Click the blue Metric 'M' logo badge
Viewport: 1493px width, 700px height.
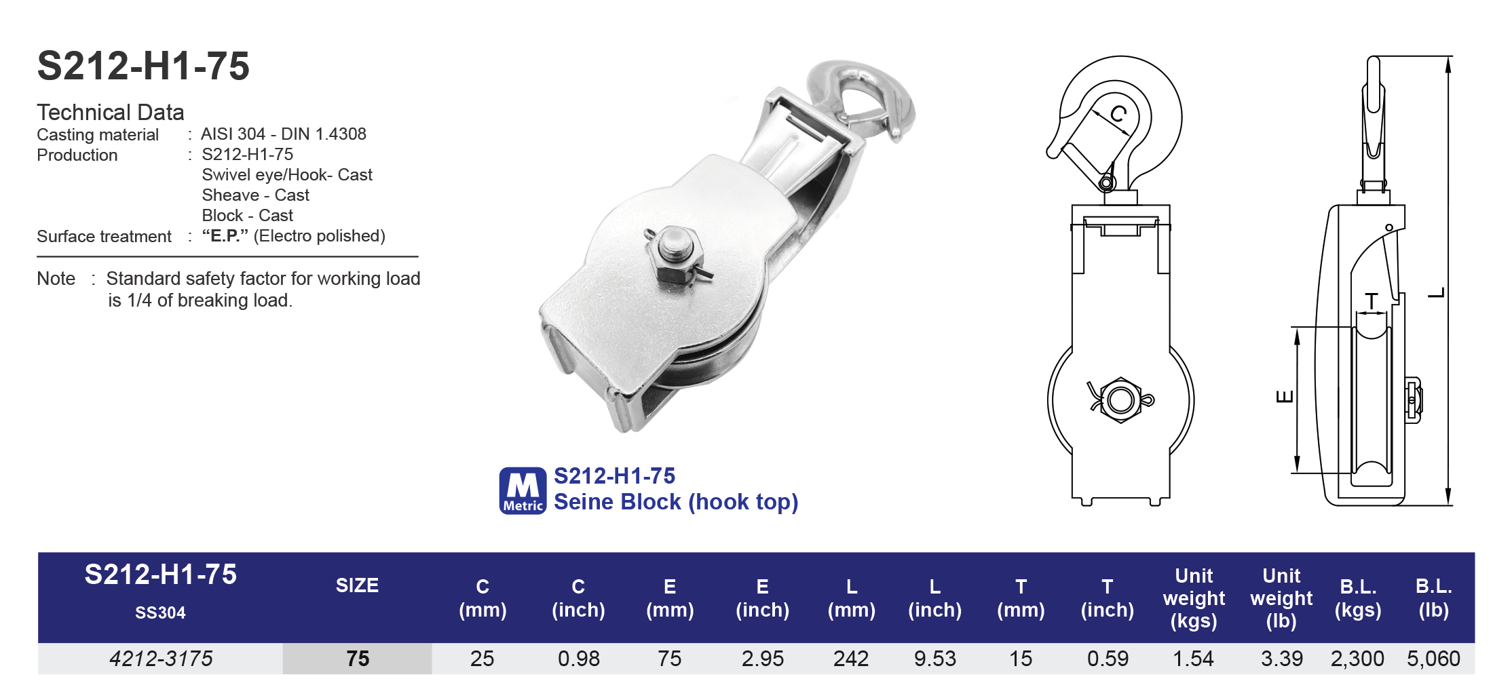(x=523, y=490)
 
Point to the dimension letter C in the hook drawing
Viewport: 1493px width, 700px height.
(x=1118, y=113)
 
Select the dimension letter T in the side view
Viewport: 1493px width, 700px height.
(x=1372, y=300)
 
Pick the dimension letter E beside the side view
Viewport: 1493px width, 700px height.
(x=1284, y=397)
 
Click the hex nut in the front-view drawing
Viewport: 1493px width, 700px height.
(x=1120, y=400)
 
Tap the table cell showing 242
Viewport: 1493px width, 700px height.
(x=851, y=658)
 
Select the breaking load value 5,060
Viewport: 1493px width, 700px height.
(x=1433, y=658)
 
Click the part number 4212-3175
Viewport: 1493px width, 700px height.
(x=161, y=658)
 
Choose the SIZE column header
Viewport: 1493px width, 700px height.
(x=357, y=585)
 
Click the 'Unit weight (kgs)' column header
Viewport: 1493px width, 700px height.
(x=1194, y=598)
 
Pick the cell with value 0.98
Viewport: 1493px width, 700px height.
(x=578, y=658)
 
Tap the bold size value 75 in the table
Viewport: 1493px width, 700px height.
(x=358, y=658)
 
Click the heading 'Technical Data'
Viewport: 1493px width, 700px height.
(x=111, y=112)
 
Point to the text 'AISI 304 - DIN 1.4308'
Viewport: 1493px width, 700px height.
(x=283, y=134)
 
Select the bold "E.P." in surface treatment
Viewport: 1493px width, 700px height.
(x=225, y=235)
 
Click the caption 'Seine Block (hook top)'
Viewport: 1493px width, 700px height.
(x=676, y=502)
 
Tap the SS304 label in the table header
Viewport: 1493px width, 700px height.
(x=160, y=612)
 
